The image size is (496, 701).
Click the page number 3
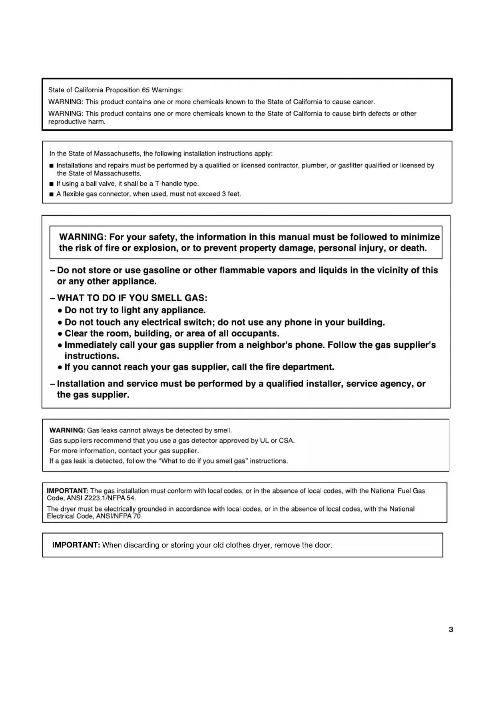click(x=451, y=629)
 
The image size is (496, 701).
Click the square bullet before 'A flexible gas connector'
click(x=51, y=194)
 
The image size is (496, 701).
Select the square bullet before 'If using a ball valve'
click(x=51, y=184)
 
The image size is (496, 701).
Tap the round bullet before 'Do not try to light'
click(x=60, y=311)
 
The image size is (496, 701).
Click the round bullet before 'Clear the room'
click(x=60, y=334)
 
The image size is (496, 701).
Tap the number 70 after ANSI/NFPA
click(x=137, y=516)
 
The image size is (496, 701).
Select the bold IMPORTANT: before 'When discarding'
click(x=76, y=545)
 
